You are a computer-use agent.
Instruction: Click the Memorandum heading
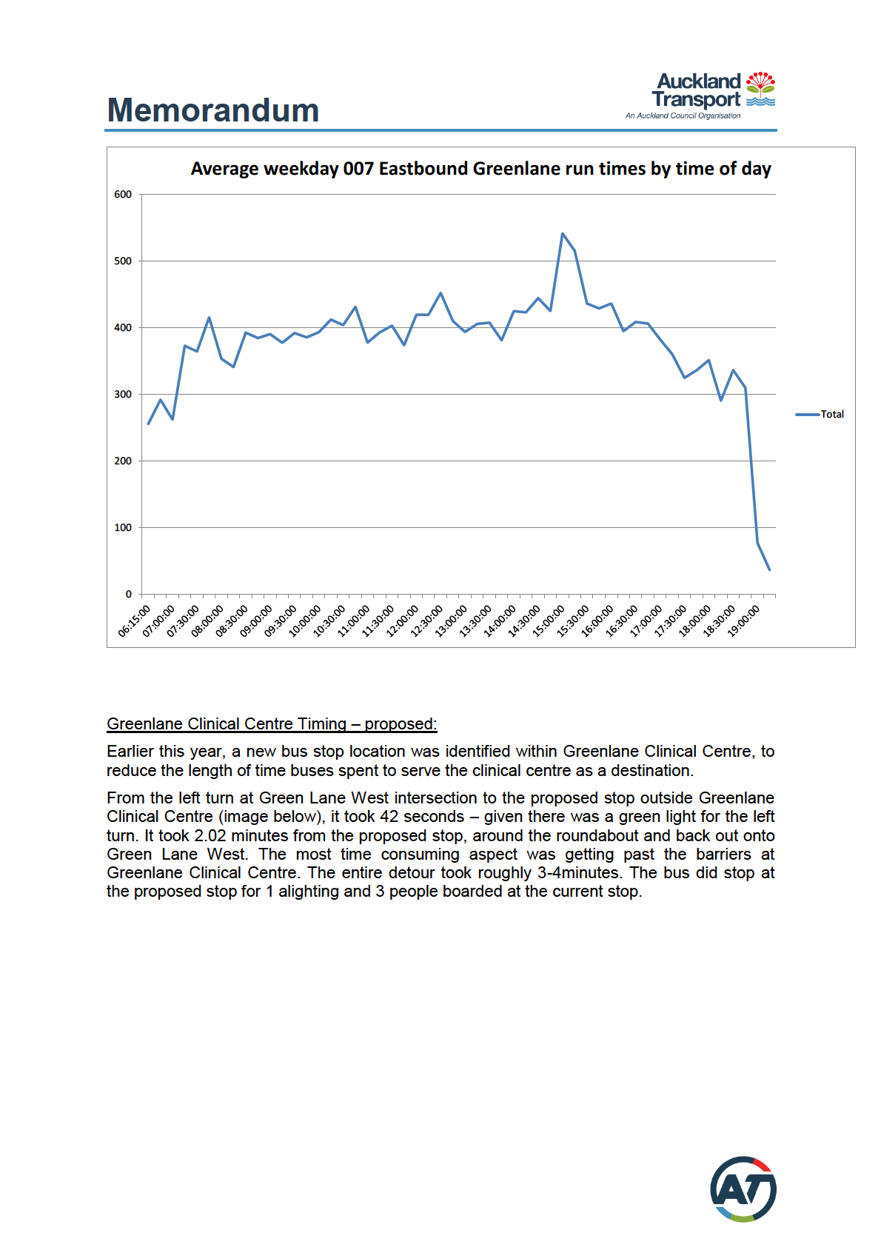click(213, 110)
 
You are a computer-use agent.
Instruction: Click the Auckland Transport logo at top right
click(700, 95)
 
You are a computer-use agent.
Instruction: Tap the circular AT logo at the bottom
click(743, 1189)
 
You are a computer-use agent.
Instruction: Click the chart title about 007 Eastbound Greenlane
click(480, 169)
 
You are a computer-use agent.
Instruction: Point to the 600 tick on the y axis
click(123, 195)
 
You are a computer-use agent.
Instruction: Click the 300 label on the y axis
click(123, 395)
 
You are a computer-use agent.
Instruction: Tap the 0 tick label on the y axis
click(129, 594)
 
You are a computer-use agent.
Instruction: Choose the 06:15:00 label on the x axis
click(135, 621)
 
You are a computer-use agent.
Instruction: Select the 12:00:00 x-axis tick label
click(403, 621)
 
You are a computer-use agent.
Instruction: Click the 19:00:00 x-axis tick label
click(744, 621)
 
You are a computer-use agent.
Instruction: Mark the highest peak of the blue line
click(563, 234)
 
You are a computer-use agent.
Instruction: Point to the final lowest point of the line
click(769, 569)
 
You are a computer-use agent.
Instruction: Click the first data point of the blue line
click(149, 424)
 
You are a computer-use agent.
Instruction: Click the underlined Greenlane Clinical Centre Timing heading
click(272, 723)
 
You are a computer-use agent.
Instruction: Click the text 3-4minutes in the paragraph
click(578, 872)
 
